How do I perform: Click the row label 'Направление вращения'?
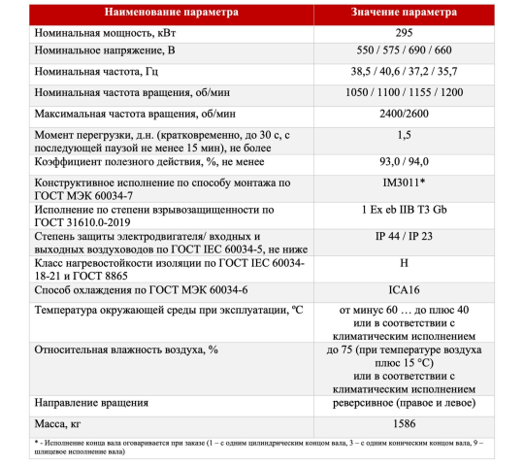(x=91, y=402)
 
